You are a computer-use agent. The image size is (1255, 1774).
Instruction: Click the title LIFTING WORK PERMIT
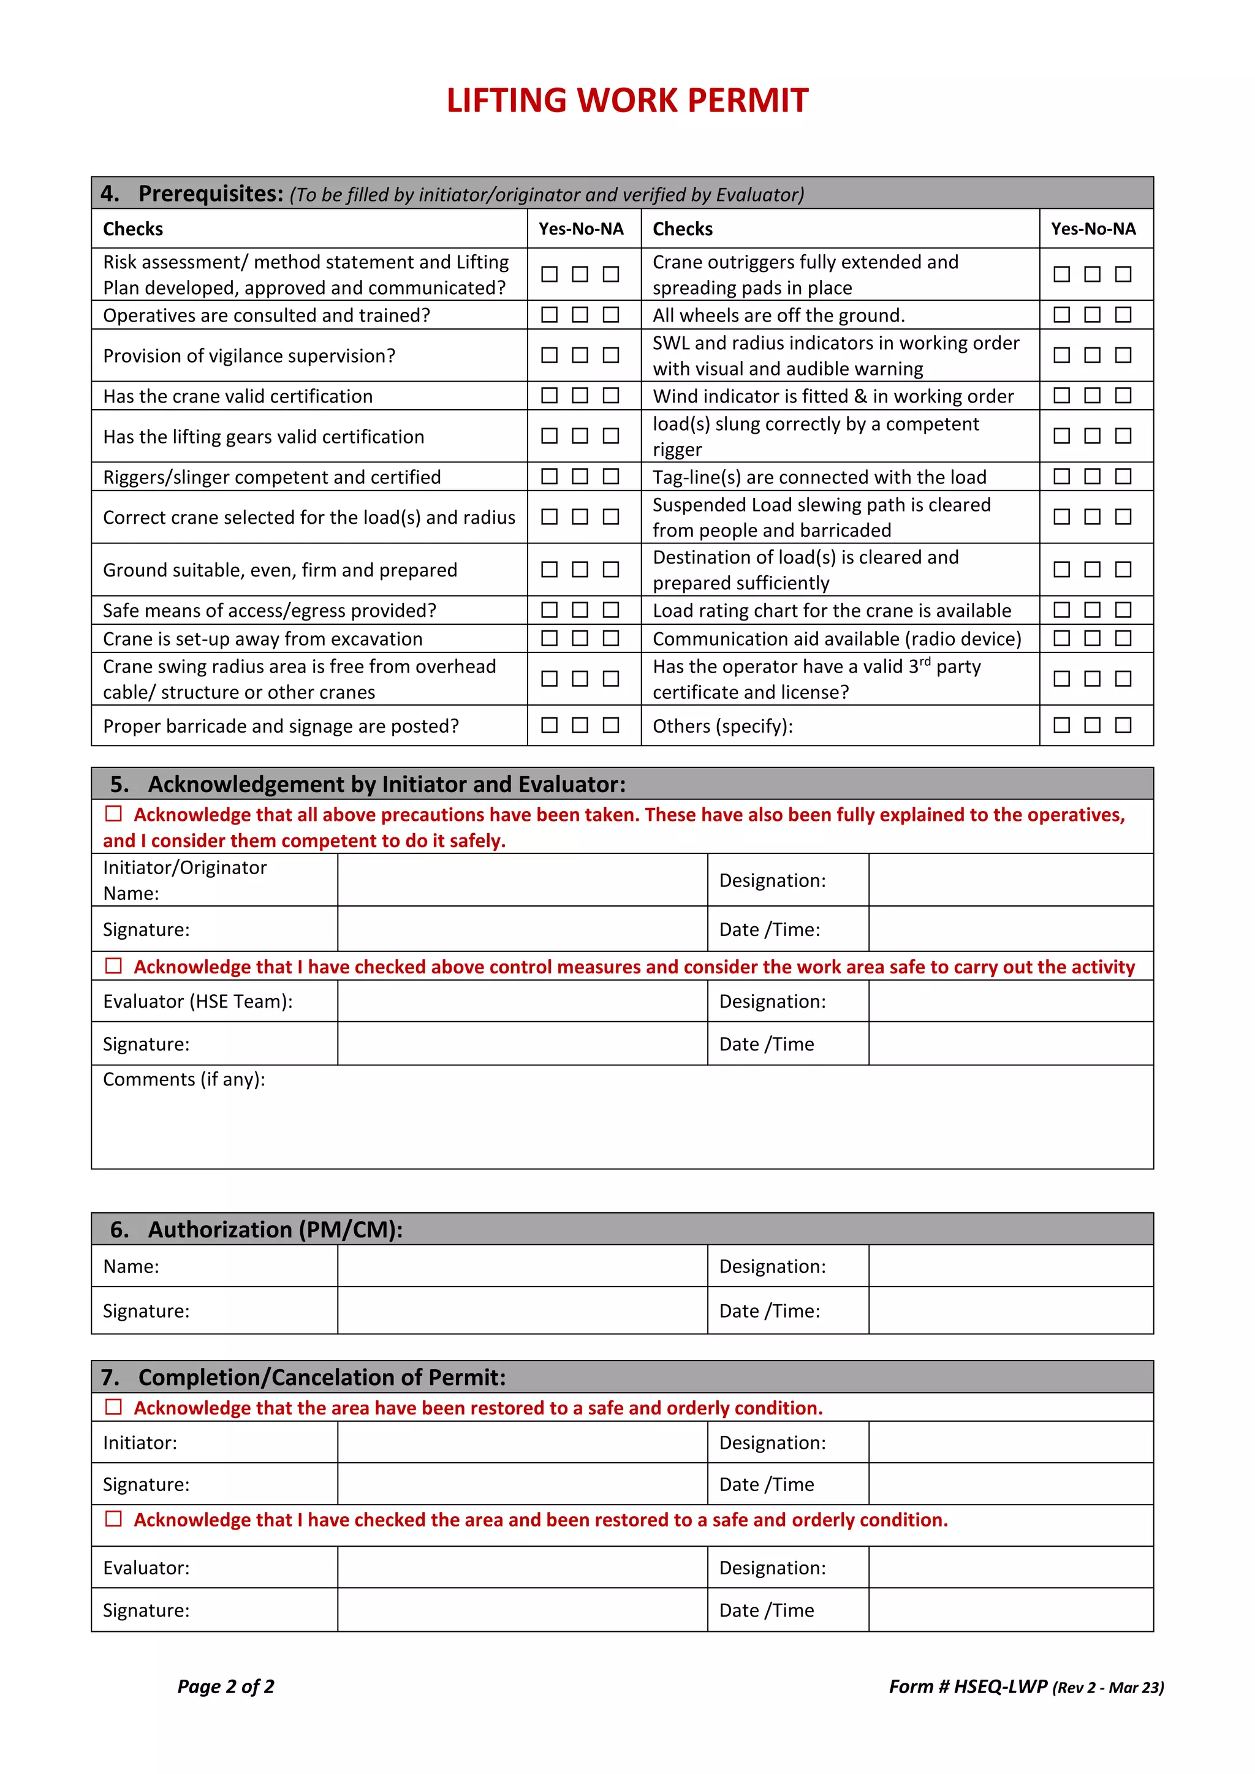coord(627,100)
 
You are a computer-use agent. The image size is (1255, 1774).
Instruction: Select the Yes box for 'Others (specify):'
coord(1062,725)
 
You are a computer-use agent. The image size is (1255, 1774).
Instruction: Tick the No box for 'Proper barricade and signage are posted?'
coord(580,725)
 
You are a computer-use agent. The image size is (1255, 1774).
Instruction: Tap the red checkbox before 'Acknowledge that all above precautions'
coord(113,813)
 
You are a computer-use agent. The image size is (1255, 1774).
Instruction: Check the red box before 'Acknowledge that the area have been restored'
coord(113,1407)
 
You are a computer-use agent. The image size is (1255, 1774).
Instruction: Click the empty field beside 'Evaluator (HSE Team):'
coord(521,1002)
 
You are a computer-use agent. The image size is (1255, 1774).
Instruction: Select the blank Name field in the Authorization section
coord(521,1266)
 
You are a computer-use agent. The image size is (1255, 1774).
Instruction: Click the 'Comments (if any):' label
coord(184,1079)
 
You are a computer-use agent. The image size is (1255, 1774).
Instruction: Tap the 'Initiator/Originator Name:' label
coord(184,880)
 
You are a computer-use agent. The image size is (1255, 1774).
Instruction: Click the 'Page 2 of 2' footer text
coord(226,1686)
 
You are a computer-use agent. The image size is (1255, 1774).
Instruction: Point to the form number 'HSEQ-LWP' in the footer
coord(1000,1686)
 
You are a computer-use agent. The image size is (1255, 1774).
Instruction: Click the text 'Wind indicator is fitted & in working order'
coord(832,396)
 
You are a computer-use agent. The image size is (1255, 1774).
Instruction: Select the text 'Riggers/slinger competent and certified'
coord(272,477)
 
